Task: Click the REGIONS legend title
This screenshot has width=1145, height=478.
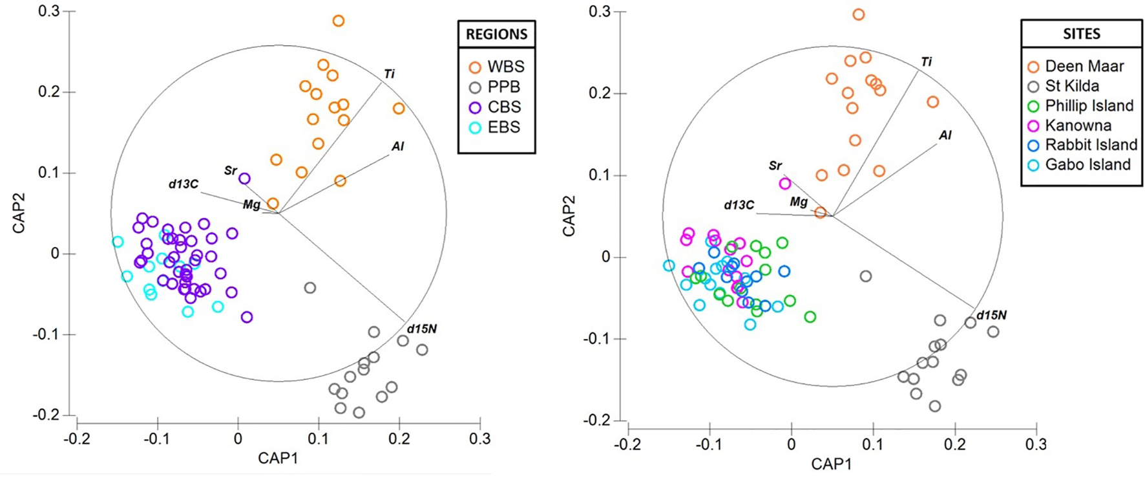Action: pyautogui.click(x=496, y=34)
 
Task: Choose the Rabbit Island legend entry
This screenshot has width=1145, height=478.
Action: pyautogui.click(x=1091, y=145)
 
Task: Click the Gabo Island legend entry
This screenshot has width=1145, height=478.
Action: pyautogui.click(x=1087, y=165)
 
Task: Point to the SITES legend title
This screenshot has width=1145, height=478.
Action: pyautogui.click(x=1081, y=34)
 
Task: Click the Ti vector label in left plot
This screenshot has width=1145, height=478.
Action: pyautogui.click(x=389, y=74)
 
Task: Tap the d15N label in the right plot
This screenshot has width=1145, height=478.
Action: pyautogui.click(x=991, y=316)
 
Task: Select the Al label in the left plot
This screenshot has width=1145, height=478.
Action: pyautogui.click(x=397, y=147)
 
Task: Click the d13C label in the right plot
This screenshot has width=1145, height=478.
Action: pyautogui.click(x=739, y=205)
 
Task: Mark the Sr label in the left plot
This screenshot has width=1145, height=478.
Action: pyautogui.click(x=231, y=171)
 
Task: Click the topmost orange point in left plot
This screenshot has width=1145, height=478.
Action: pyautogui.click(x=338, y=21)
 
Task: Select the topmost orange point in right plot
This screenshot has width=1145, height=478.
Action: pyautogui.click(x=858, y=14)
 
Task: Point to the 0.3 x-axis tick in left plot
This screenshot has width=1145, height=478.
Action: pyautogui.click(x=479, y=439)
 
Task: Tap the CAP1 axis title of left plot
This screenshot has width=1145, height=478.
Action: pyautogui.click(x=278, y=459)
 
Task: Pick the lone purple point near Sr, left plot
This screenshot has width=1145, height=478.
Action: pyautogui.click(x=244, y=179)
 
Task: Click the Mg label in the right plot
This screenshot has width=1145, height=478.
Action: pyautogui.click(x=799, y=202)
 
